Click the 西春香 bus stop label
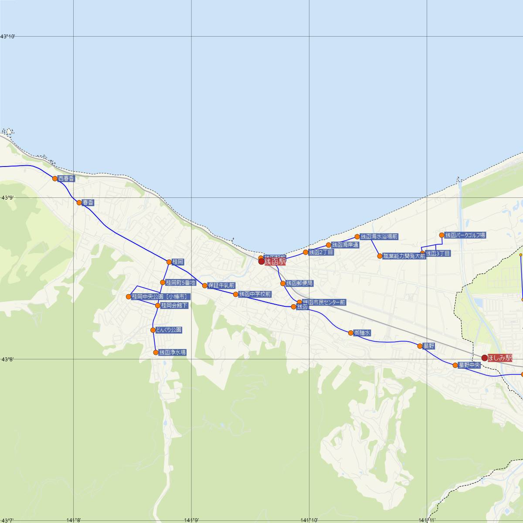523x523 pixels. coord(66,178)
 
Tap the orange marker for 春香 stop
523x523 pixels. coord(79,203)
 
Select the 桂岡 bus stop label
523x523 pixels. coord(178,262)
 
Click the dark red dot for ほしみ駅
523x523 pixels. coord(484,358)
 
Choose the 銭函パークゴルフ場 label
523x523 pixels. coord(465,235)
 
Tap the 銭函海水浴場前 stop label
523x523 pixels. coord(379,237)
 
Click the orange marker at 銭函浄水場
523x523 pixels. coord(156,353)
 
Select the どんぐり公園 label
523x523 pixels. coord(169,330)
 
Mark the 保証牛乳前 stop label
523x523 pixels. coord(221,285)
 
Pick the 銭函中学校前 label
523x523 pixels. coord(255,294)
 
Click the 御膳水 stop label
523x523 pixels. coord(362,333)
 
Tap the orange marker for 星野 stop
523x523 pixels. coord(420,346)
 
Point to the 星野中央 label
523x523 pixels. coord(469,365)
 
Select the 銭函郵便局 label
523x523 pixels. coord(299,283)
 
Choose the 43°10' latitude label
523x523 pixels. coord(9,37)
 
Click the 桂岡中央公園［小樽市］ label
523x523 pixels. coord(160,297)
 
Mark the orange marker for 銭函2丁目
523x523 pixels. coord(306,252)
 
